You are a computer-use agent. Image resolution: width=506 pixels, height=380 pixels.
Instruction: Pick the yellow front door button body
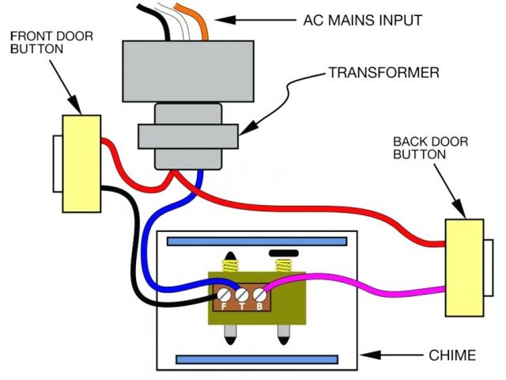pos(82,164)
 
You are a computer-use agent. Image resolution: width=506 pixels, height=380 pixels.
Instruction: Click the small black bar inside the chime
pos(282,254)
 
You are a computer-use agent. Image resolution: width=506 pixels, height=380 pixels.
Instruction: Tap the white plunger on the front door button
pos(57,164)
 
